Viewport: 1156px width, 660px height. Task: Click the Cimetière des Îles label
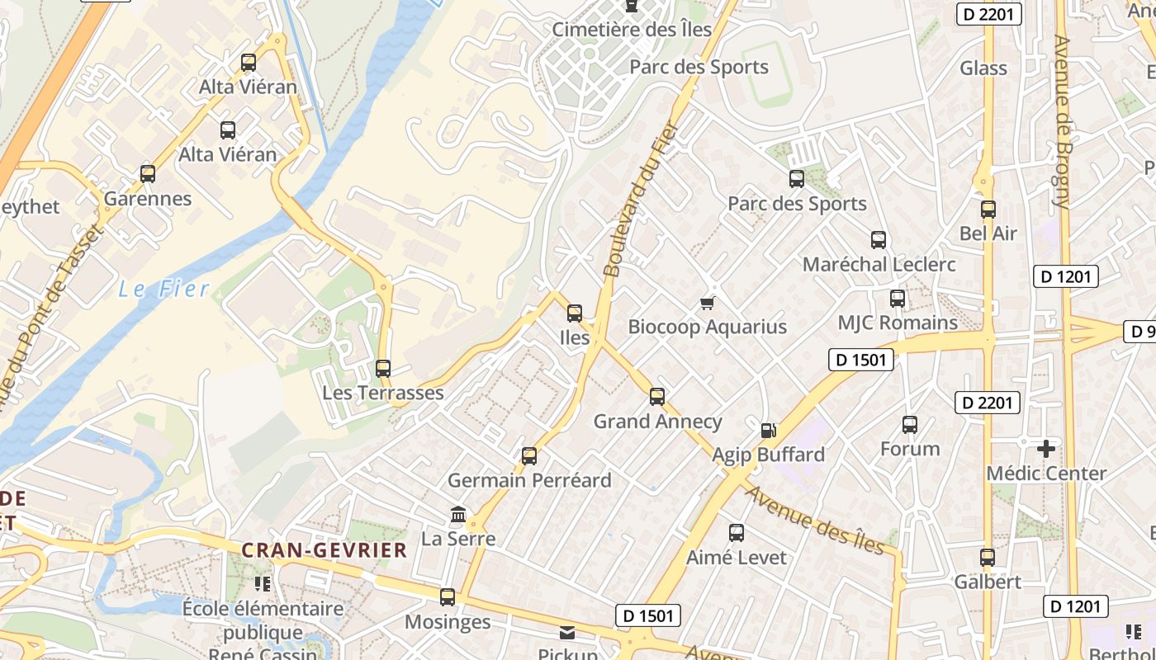632,30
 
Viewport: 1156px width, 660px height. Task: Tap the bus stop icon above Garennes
148,174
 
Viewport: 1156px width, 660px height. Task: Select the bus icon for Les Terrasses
383,369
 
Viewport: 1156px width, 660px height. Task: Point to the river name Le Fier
163,289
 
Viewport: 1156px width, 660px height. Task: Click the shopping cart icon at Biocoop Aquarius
707,304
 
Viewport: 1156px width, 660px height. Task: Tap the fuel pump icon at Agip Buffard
768,431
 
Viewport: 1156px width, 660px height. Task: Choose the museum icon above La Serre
458,516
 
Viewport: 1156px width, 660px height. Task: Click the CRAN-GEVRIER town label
325,550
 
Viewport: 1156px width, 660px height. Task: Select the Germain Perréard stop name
529,480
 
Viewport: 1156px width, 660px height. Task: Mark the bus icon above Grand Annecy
657,397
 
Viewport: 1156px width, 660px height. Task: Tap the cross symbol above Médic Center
1046,450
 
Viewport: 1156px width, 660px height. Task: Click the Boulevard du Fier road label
640,200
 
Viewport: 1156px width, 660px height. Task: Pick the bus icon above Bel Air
988,210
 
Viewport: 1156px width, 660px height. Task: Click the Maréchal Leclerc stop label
879,265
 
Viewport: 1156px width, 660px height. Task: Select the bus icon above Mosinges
448,596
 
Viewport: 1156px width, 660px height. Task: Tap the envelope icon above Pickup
567,633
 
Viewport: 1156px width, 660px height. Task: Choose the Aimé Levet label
737,558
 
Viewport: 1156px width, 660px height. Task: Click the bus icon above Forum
910,425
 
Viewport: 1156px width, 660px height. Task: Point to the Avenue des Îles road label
816,520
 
